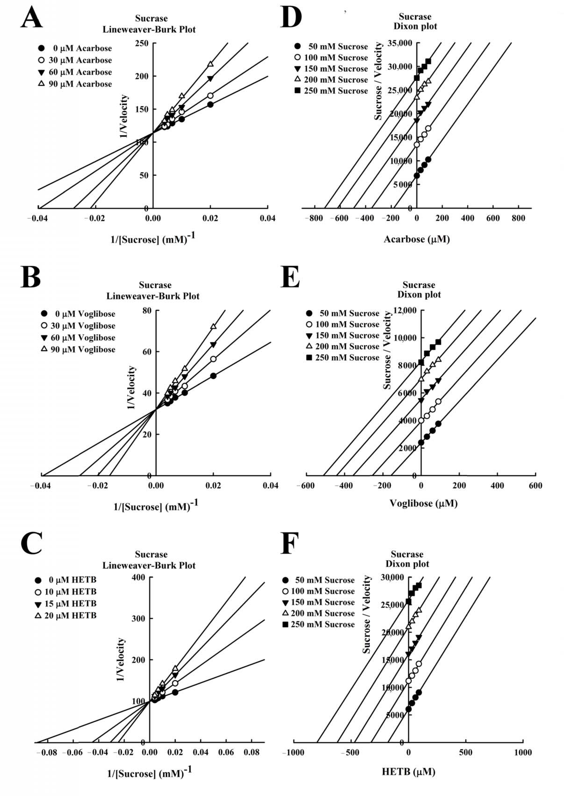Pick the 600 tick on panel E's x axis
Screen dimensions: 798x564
[535, 485]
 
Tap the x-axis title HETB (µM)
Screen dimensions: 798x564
[408, 772]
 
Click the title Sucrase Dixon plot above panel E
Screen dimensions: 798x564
[419, 290]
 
